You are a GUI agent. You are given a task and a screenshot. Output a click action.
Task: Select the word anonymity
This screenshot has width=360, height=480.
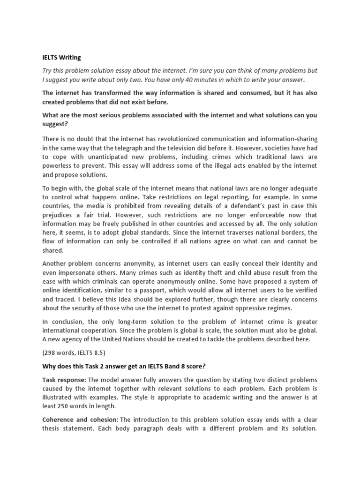click(131, 263)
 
